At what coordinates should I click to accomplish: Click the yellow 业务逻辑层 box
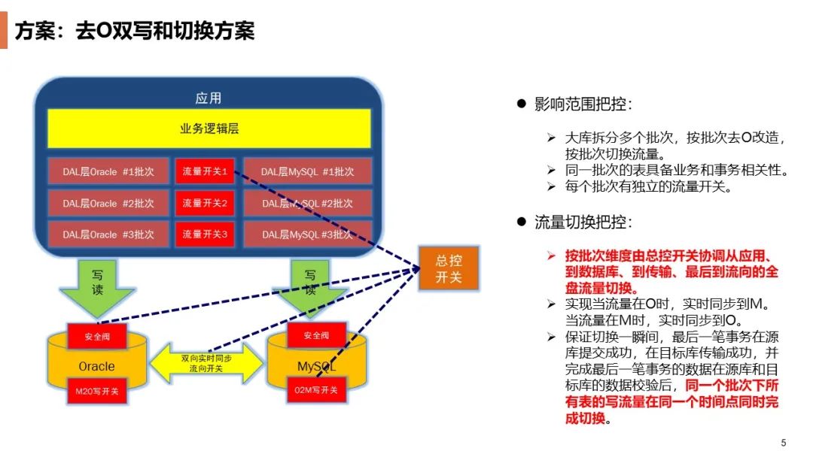(x=209, y=129)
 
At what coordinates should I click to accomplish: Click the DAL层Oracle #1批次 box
(x=108, y=171)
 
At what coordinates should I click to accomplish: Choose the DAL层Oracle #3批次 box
(x=108, y=235)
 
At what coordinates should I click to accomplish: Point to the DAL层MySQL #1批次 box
(x=307, y=171)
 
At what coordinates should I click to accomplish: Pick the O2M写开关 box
(x=317, y=390)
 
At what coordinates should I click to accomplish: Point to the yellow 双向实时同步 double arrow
(x=207, y=364)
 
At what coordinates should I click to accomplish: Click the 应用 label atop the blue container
(x=209, y=98)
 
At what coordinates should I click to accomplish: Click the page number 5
(x=784, y=441)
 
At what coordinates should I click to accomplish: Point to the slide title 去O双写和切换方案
(x=135, y=31)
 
